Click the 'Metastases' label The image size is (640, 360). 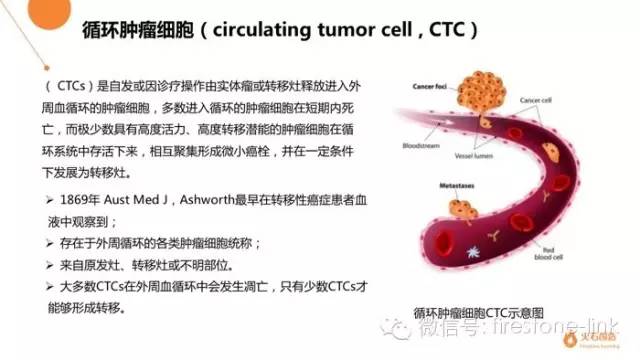(441, 186)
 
